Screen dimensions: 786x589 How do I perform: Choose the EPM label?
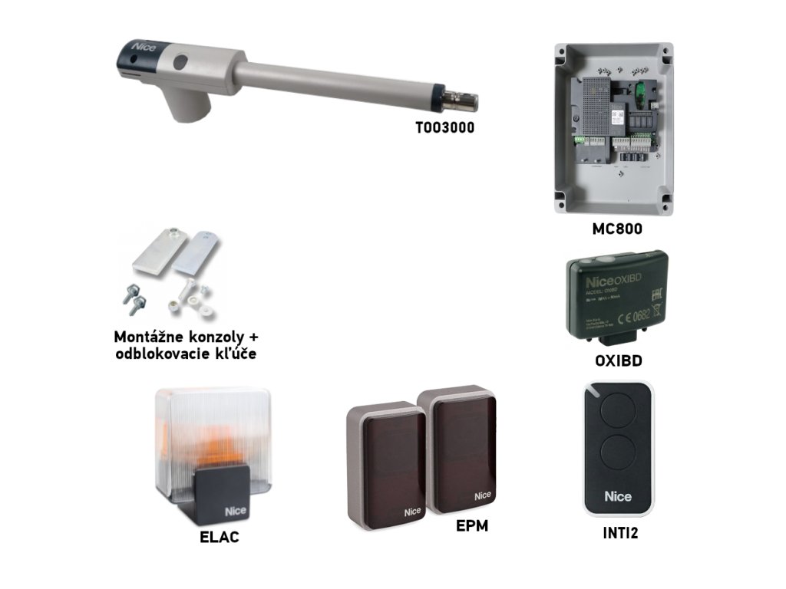click(471, 526)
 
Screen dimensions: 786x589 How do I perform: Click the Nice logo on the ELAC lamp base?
click(234, 512)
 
